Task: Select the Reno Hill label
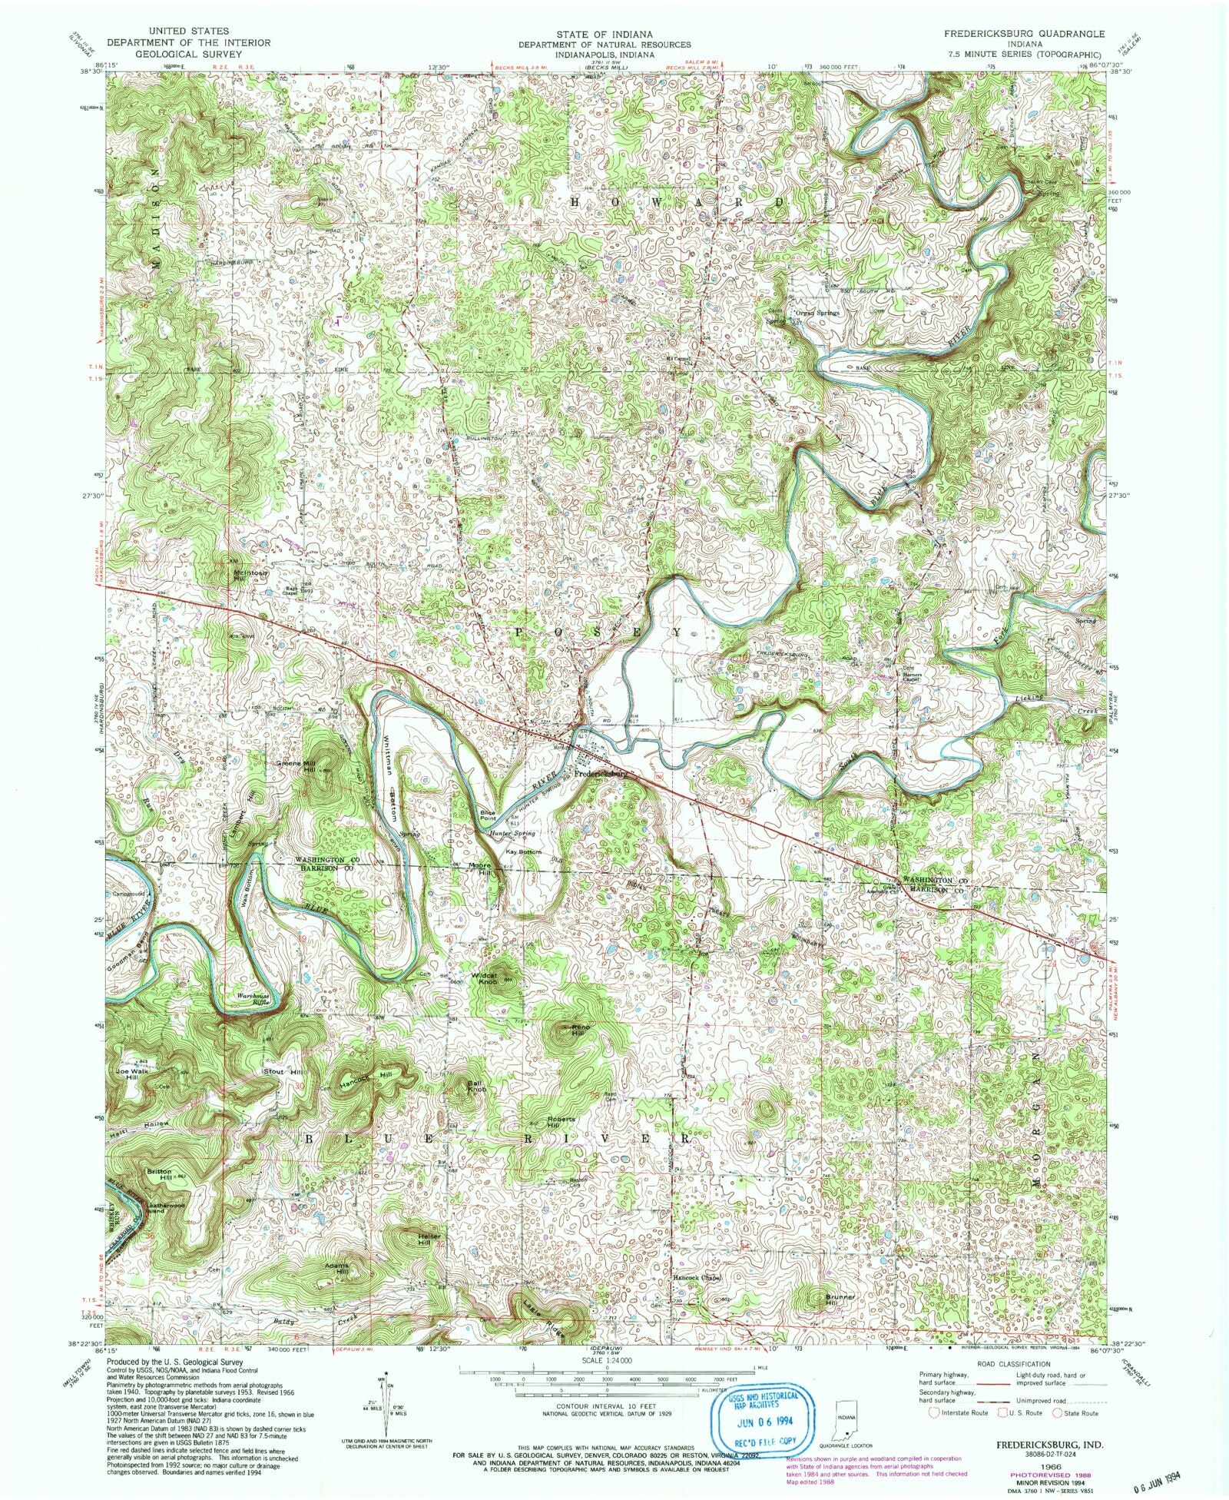pyautogui.click(x=575, y=1030)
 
